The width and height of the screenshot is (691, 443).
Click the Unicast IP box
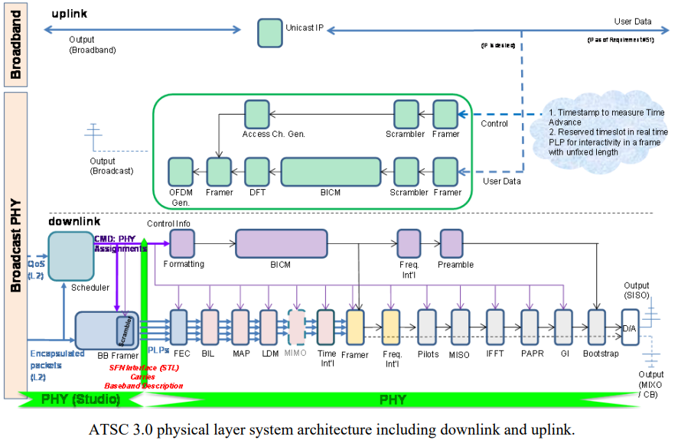[x=269, y=31]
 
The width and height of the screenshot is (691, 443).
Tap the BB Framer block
[x=106, y=330]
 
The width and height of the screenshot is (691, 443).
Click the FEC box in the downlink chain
[x=180, y=327]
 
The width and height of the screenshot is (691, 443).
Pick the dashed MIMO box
[x=295, y=327]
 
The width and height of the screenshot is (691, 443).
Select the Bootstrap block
[x=597, y=327]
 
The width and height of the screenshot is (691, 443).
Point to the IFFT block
[x=496, y=327]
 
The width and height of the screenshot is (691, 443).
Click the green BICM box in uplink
[x=331, y=171]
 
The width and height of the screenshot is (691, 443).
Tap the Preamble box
[x=451, y=243]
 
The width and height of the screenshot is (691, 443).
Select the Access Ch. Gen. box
[x=257, y=114]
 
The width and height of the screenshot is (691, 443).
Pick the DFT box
[x=255, y=171]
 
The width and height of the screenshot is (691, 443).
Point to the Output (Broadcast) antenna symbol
[x=93, y=138]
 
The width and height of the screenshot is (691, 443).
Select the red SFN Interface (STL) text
[x=145, y=368]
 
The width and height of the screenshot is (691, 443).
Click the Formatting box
[x=182, y=243]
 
